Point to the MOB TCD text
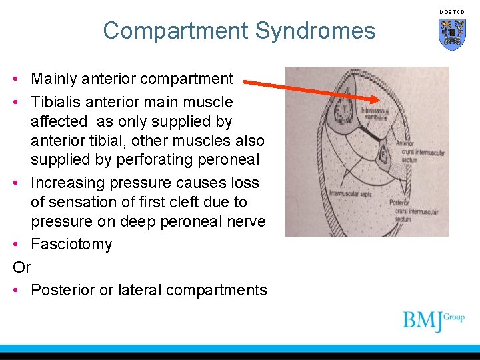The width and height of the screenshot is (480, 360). (x=451, y=12)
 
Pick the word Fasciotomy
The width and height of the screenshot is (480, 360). (x=71, y=244)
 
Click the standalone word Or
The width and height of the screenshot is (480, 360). (x=22, y=267)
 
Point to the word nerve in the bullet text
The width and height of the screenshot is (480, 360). (x=243, y=221)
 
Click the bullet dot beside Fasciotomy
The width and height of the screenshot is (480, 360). (x=15, y=244)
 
